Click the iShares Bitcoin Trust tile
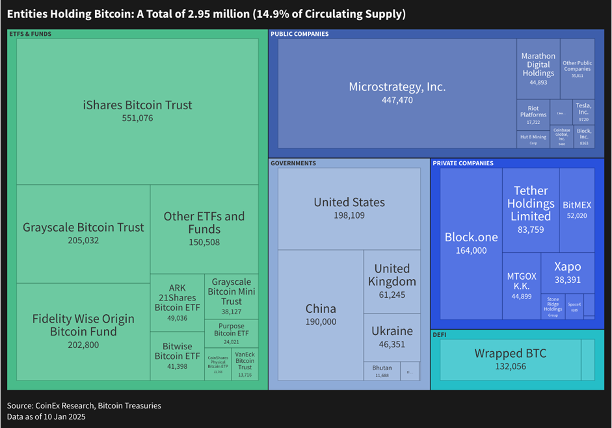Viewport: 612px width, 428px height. [x=137, y=111]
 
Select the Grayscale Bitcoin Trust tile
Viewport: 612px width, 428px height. [x=83, y=233]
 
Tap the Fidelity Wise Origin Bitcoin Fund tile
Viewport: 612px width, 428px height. [x=83, y=331]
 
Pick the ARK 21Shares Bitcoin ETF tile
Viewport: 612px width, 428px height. [x=177, y=302]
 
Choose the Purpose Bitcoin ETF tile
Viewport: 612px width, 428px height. [x=232, y=333]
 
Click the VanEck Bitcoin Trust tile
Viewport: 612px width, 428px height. [x=245, y=364]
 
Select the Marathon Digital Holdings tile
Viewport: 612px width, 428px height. [x=539, y=68]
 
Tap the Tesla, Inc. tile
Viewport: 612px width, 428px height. [x=583, y=111]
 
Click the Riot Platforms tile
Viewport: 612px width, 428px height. [x=533, y=114]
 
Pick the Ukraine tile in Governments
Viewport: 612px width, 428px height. [x=392, y=336]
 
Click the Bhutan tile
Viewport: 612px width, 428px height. [x=382, y=371]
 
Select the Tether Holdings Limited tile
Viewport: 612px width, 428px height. [x=531, y=209]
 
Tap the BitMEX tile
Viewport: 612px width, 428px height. [x=577, y=209]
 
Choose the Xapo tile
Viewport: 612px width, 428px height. [x=567, y=273]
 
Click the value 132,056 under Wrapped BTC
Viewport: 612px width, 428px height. [x=510, y=366]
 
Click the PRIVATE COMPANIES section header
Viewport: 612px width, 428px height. [x=463, y=163]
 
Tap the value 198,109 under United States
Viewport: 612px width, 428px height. [x=349, y=215]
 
